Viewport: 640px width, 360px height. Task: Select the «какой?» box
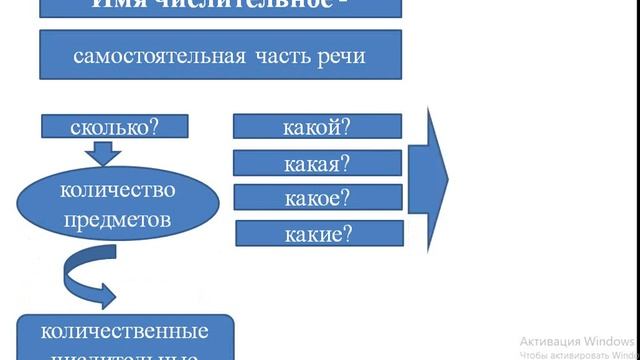317,126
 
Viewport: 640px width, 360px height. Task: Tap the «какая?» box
317,162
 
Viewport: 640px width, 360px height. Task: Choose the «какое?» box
317,196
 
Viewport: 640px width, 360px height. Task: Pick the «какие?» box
317,234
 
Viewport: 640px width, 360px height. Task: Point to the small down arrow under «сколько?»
103,151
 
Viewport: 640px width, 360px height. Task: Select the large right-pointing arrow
436,177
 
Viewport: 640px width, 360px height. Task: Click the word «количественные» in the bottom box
125,331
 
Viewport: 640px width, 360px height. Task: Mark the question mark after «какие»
347,234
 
